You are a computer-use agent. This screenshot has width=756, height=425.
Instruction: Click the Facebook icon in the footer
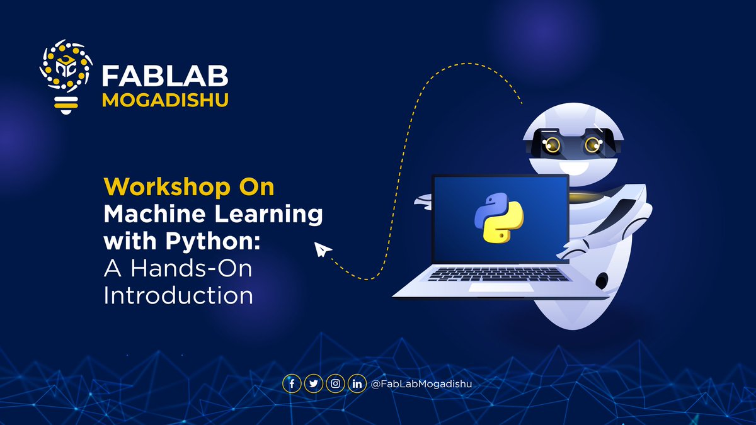[x=292, y=383]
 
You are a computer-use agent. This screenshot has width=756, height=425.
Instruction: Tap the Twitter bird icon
[x=313, y=383]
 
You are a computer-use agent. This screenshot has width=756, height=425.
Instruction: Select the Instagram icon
[x=335, y=383]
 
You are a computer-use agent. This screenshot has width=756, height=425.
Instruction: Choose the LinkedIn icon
[x=357, y=383]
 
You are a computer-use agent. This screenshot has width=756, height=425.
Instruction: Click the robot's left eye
[x=553, y=145]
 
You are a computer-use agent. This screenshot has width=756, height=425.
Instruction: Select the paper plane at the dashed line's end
[x=323, y=251]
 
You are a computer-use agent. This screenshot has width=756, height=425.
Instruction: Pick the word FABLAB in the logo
[x=164, y=76]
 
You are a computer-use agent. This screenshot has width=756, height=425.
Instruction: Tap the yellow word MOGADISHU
[x=164, y=100]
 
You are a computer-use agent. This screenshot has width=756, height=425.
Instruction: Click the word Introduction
[x=178, y=295]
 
